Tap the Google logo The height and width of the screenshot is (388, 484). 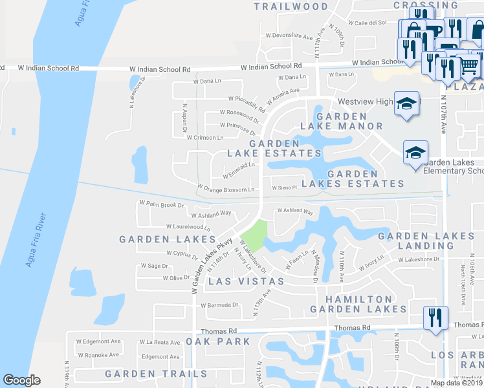coord(21,380)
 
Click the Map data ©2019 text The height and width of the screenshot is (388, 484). coord(456,383)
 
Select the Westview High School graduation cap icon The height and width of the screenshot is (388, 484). coord(406,103)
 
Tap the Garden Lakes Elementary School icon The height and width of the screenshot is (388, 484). coord(415,153)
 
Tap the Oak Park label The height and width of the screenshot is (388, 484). coord(217,341)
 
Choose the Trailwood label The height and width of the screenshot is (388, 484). coord(291,6)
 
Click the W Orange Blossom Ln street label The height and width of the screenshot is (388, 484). coord(225,189)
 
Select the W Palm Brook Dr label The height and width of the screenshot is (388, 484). coord(162,204)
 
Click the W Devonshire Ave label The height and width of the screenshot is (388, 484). coord(289,36)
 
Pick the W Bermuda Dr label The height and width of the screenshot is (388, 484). coord(220,305)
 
